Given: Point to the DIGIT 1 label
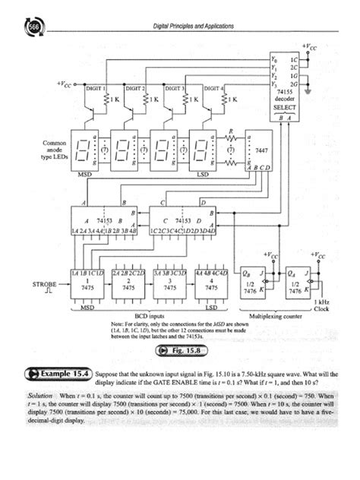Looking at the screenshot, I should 95,89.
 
